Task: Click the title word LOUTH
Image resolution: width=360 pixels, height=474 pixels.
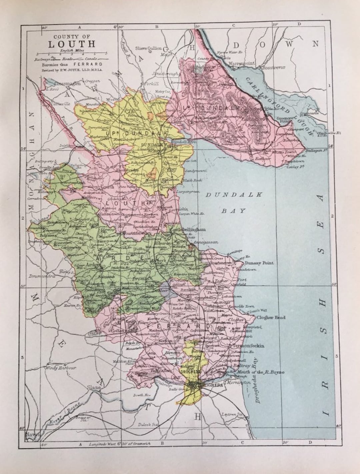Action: click(x=72, y=44)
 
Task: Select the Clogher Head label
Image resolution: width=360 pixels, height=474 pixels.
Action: click(x=271, y=317)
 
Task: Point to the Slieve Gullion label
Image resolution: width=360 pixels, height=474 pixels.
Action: click(x=148, y=48)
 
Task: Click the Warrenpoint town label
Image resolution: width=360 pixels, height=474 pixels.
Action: click(x=242, y=63)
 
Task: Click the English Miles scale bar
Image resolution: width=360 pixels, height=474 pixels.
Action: click(x=72, y=53)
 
